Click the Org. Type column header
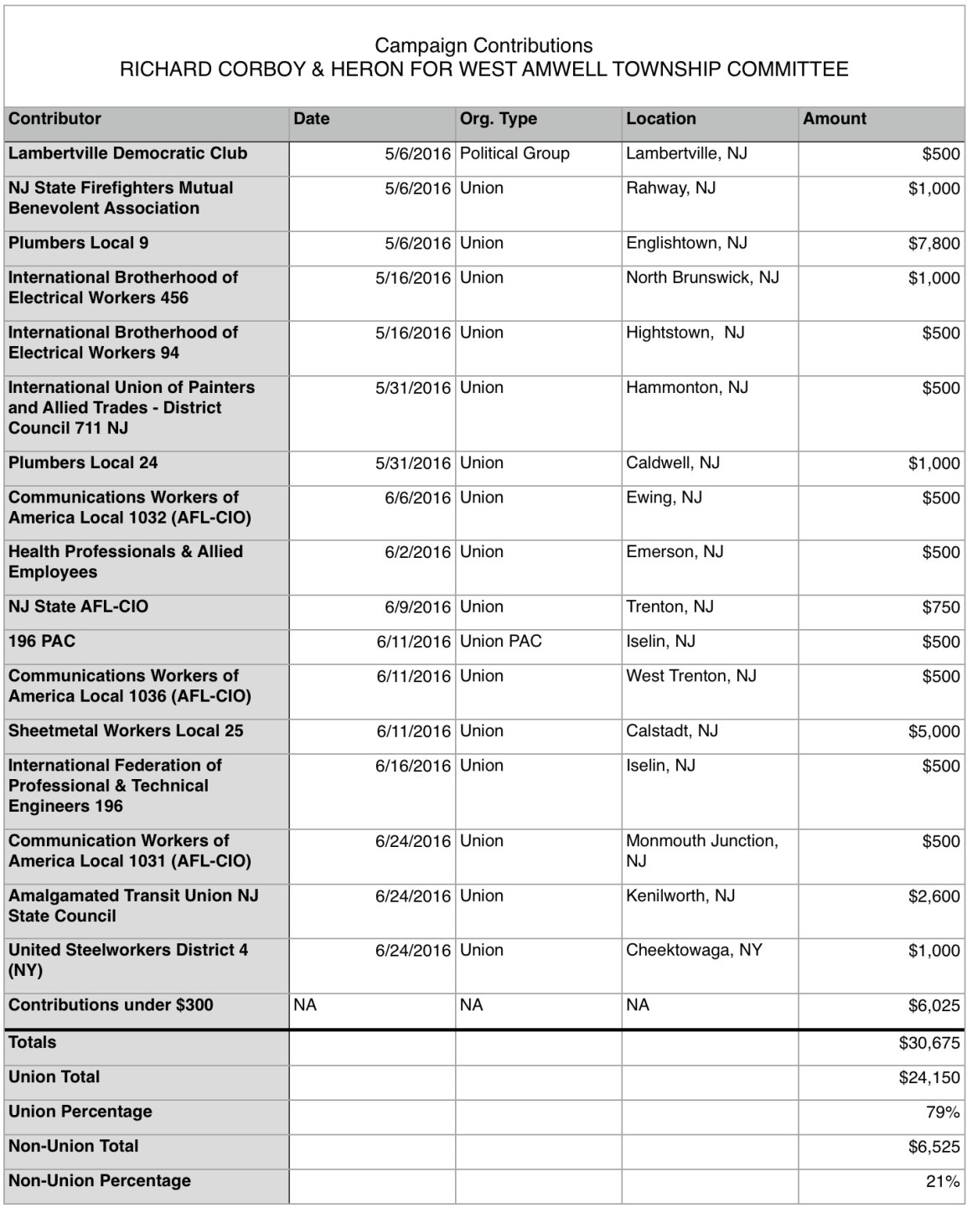[498, 119]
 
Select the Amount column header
[835, 119]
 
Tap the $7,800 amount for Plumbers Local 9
[933, 244]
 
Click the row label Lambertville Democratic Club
[127, 153]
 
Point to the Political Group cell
[515, 153]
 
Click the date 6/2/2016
[417, 552]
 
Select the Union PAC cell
[500, 642]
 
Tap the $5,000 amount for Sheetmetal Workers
[933, 731]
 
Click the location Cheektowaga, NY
[694, 950]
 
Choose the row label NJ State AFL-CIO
[78, 607]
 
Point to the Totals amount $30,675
[929, 1043]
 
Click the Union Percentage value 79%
[943, 1112]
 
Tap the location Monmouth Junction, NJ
[701, 850]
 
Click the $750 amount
[940, 607]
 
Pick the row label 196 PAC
[42, 642]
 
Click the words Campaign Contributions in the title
[483, 45]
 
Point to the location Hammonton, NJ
[686, 387]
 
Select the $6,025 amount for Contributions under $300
[933, 1005]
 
